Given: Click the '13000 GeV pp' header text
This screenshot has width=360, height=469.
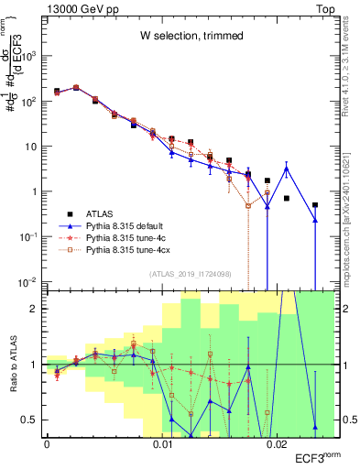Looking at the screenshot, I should pos(82,7).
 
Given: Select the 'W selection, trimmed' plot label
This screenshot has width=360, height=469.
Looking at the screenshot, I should pos(191,36).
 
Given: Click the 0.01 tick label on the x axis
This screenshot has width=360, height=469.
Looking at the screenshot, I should pos(163,443).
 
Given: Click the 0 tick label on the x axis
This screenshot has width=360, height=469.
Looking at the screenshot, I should pos(47,443).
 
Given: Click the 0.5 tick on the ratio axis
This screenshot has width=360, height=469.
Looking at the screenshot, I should pos(30,420).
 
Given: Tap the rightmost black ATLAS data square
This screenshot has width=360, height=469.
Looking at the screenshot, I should pos(315,205).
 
